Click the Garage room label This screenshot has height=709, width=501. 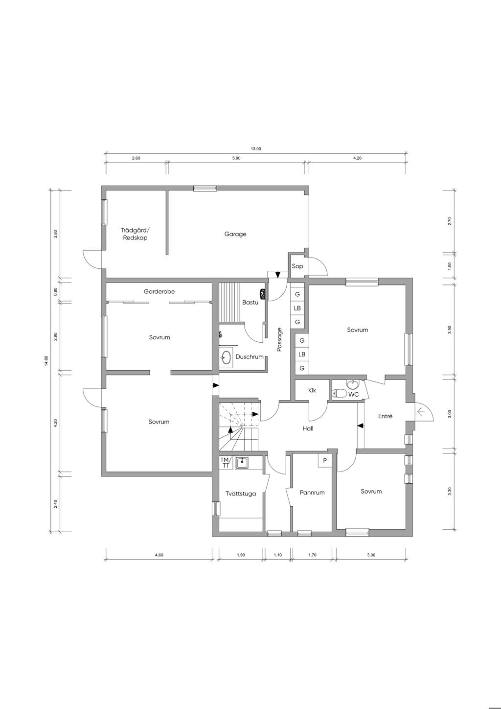pyautogui.click(x=235, y=234)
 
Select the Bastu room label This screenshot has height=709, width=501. pyautogui.click(x=250, y=302)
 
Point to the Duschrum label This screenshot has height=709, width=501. pyautogui.click(x=250, y=357)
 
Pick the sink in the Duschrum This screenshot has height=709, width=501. pyautogui.click(x=226, y=357)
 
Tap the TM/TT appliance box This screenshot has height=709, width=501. pyautogui.click(x=226, y=463)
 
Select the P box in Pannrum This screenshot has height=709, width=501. pyautogui.click(x=325, y=461)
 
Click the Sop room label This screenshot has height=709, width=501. pyautogui.click(x=297, y=266)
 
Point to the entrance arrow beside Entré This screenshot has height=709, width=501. pyautogui.click(x=420, y=412)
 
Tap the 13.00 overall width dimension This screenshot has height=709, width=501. pyautogui.click(x=256, y=149)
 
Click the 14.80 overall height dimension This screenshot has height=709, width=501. pyautogui.click(x=46, y=361)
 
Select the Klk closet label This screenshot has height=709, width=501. pyautogui.click(x=312, y=390)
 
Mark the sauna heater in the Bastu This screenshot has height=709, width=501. pyautogui.click(x=262, y=294)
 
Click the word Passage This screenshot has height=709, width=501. pyautogui.click(x=279, y=340)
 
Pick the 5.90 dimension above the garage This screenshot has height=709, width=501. pyautogui.click(x=236, y=158)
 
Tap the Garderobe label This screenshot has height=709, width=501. pyautogui.click(x=159, y=291)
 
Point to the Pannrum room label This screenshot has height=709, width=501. pyautogui.click(x=312, y=493)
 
